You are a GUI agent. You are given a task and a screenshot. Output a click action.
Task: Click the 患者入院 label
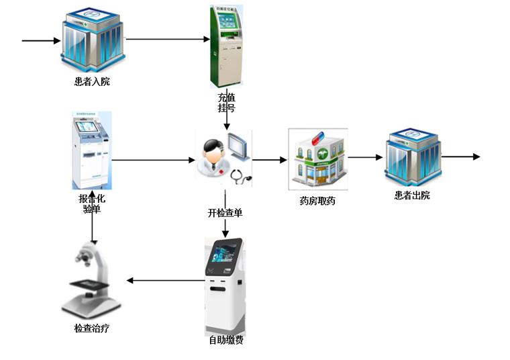[92, 82]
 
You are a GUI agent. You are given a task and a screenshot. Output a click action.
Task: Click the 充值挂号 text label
[226, 102]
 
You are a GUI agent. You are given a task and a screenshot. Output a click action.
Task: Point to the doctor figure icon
[212, 155]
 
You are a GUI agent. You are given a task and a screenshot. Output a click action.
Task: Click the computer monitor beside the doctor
[238, 147]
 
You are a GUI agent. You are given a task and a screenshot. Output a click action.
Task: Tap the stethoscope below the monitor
[240, 175]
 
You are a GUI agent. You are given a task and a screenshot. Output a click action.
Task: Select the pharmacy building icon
[317, 158]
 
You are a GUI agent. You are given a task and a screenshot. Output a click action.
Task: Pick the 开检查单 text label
[225, 213]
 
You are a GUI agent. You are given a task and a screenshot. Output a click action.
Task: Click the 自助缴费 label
[225, 340]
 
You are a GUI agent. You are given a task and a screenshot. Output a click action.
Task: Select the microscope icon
[92, 282]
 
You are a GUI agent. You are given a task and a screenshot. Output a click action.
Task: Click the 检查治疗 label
[92, 329]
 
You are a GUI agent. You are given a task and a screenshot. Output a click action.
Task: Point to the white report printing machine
[91, 150]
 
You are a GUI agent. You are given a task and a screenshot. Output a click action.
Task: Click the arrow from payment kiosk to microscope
[165, 279]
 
